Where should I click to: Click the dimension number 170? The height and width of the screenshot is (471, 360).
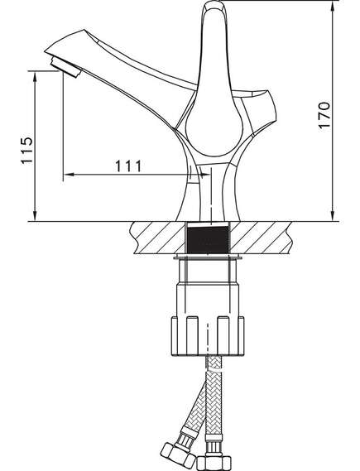[x=324, y=116]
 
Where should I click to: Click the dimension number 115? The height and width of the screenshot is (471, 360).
[x=26, y=150]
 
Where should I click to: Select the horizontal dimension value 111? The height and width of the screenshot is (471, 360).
[x=128, y=166]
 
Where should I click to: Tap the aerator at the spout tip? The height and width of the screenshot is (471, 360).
[x=66, y=68]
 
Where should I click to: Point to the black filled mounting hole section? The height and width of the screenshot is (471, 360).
[x=208, y=239]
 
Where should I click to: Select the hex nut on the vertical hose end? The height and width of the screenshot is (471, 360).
[x=214, y=464]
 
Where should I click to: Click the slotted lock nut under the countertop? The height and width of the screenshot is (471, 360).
[x=208, y=336]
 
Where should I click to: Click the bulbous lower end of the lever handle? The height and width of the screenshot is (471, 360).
[x=214, y=132]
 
